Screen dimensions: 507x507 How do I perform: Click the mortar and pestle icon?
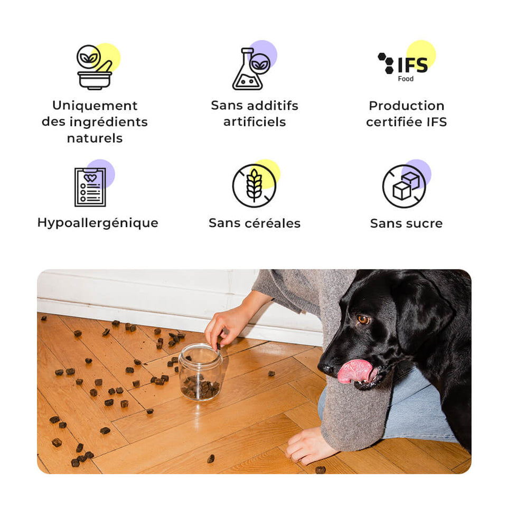click(x=95, y=67)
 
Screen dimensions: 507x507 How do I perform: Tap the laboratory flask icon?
click(x=251, y=69)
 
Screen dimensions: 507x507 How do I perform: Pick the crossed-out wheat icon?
click(x=254, y=185)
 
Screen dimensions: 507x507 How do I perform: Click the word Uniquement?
click(x=95, y=106)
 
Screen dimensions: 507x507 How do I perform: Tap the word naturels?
click(x=95, y=138)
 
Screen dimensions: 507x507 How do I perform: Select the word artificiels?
click(x=255, y=122)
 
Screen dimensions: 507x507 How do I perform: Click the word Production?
click(x=407, y=106)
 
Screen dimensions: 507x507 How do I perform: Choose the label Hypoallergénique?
click(x=98, y=223)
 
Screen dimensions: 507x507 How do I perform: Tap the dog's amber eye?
click(x=363, y=320)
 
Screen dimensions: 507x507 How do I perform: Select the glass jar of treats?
click(x=201, y=372)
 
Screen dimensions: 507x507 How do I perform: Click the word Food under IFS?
click(x=406, y=79)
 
